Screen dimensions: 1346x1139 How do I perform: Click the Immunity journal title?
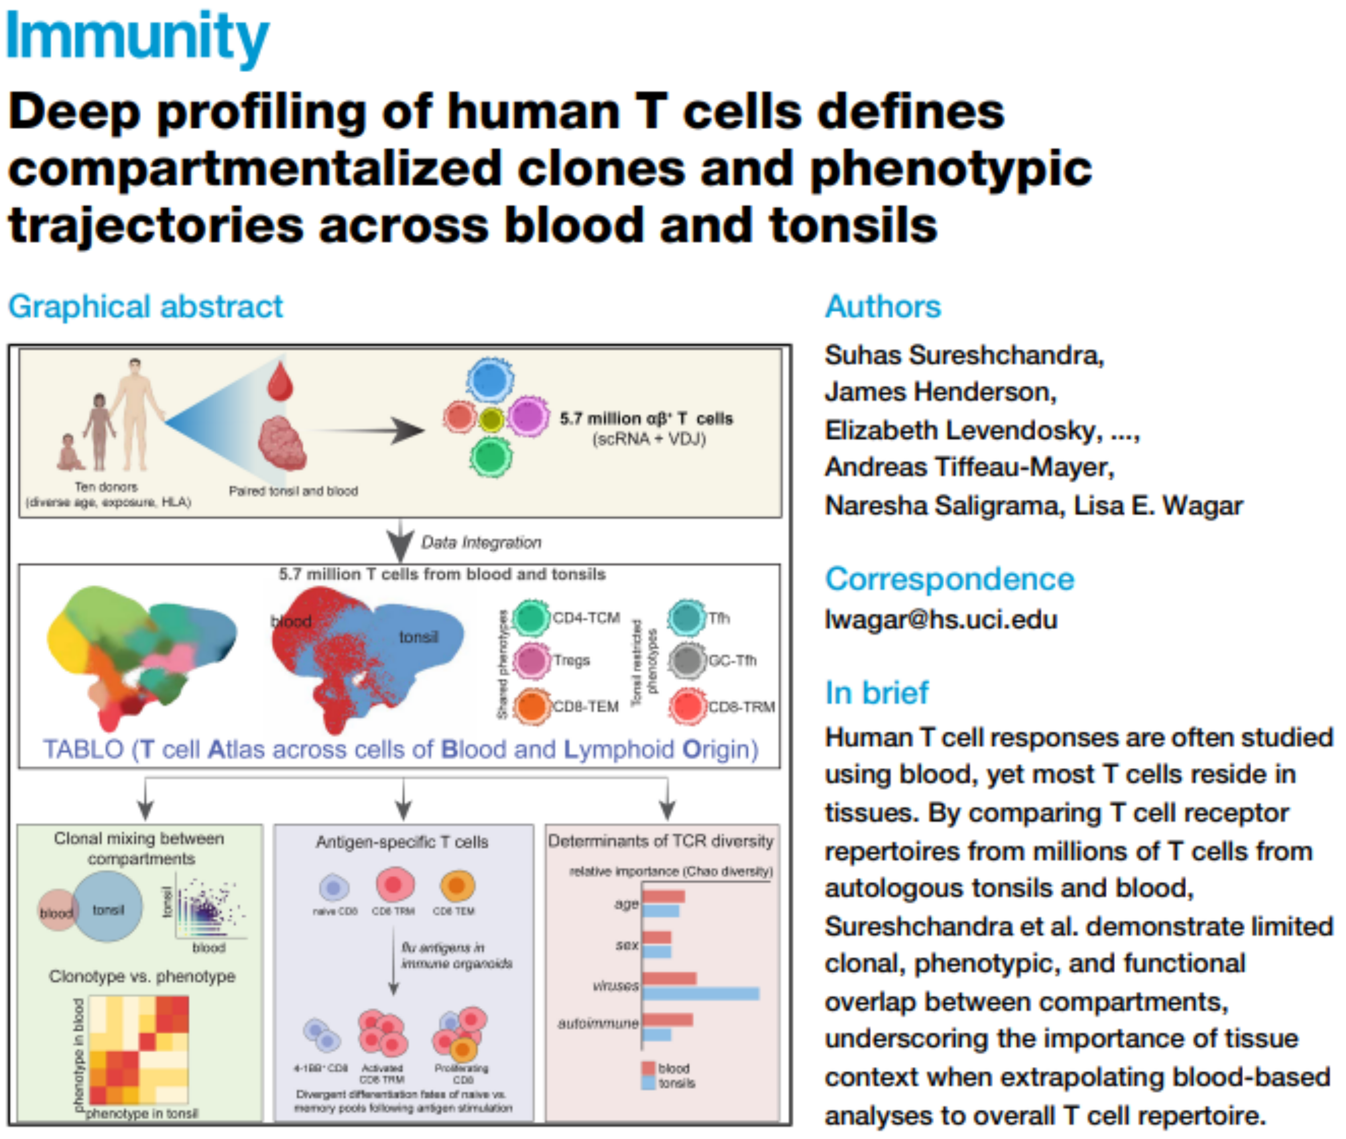click(x=137, y=38)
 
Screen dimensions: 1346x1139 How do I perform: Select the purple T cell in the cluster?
click(x=528, y=416)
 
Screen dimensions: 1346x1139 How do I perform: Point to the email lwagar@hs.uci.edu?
click(x=941, y=619)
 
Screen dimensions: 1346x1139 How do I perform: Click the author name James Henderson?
click(x=940, y=392)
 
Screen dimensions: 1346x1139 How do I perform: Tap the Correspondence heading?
click(x=949, y=578)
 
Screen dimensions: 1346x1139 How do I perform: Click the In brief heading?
click(x=876, y=693)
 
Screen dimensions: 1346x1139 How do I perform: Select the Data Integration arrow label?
click(x=481, y=542)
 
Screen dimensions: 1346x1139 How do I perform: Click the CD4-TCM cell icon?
click(x=531, y=618)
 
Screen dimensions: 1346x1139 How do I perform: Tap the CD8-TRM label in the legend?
click(x=741, y=707)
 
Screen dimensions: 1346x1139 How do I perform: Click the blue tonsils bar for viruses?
click(x=700, y=993)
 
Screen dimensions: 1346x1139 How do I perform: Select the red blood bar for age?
click(x=663, y=896)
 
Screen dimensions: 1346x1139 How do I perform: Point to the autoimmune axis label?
click(x=598, y=1023)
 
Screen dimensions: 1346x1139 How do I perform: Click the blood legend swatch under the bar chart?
click(x=648, y=1068)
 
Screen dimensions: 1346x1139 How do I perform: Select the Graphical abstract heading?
click(x=145, y=306)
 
